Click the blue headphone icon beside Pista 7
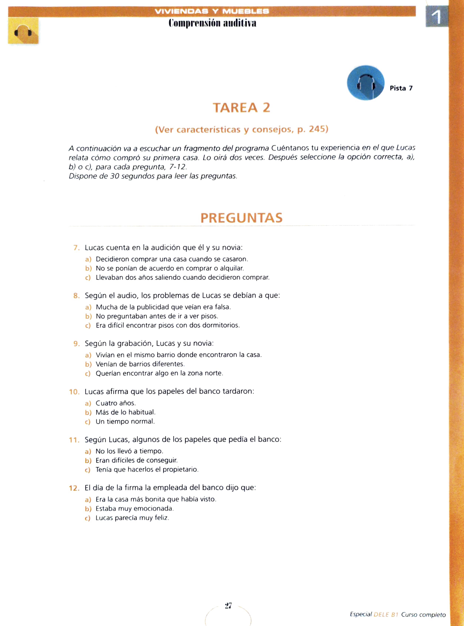pos(365,83)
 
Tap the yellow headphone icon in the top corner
pos(23,31)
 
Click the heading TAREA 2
pos(242,108)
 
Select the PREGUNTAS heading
pos(242,218)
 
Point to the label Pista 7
pos(401,88)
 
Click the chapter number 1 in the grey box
pos(437,17)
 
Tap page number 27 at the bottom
pos(228,605)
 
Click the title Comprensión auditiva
pos(212,23)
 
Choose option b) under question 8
pos(88,316)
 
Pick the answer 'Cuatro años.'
pos(116,403)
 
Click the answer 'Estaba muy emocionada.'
pos(134,508)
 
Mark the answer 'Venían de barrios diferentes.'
pos(140,364)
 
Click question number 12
pos(74,488)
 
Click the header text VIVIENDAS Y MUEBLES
pos(212,11)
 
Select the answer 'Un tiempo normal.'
pos(125,421)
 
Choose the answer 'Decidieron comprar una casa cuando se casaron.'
pos(172,259)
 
